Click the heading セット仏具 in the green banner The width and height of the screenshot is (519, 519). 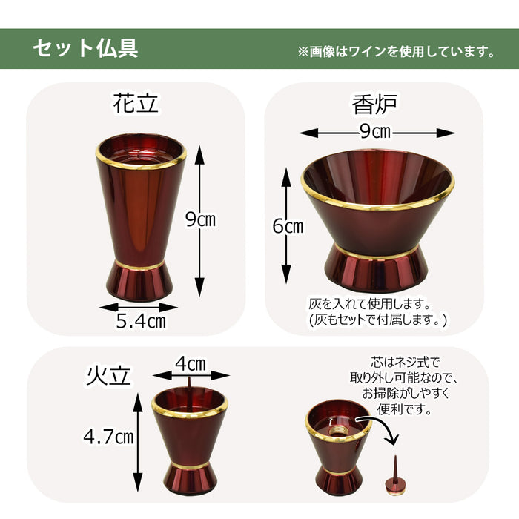pyautogui.click(x=85, y=49)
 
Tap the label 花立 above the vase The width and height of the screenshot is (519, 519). pyautogui.click(x=136, y=103)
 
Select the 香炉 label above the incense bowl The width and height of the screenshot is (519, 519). pyautogui.click(x=374, y=105)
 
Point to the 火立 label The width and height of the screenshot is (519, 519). pyautogui.click(x=108, y=376)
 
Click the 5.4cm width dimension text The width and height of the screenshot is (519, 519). pyautogui.click(x=141, y=321)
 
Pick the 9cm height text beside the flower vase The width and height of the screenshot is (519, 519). pyautogui.click(x=200, y=219)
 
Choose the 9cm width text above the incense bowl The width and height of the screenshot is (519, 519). pyautogui.click(x=375, y=132)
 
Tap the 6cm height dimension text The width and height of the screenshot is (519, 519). pyautogui.click(x=288, y=226)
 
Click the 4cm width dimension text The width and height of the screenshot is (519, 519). pyautogui.click(x=191, y=364)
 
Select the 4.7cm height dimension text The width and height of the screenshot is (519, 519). pyautogui.click(x=108, y=437)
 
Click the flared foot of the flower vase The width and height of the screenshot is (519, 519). pyautogui.click(x=139, y=281)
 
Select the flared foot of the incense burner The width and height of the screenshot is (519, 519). pyautogui.click(x=374, y=268)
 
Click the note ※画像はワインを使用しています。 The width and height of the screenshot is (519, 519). pyautogui.click(x=396, y=52)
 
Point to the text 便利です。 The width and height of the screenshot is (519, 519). pyautogui.click(x=405, y=409)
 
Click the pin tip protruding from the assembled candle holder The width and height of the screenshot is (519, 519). pyautogui.click(x=190, y=383)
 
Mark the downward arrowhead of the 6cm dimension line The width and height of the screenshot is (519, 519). pyautogui.click(x=286, y=274)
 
